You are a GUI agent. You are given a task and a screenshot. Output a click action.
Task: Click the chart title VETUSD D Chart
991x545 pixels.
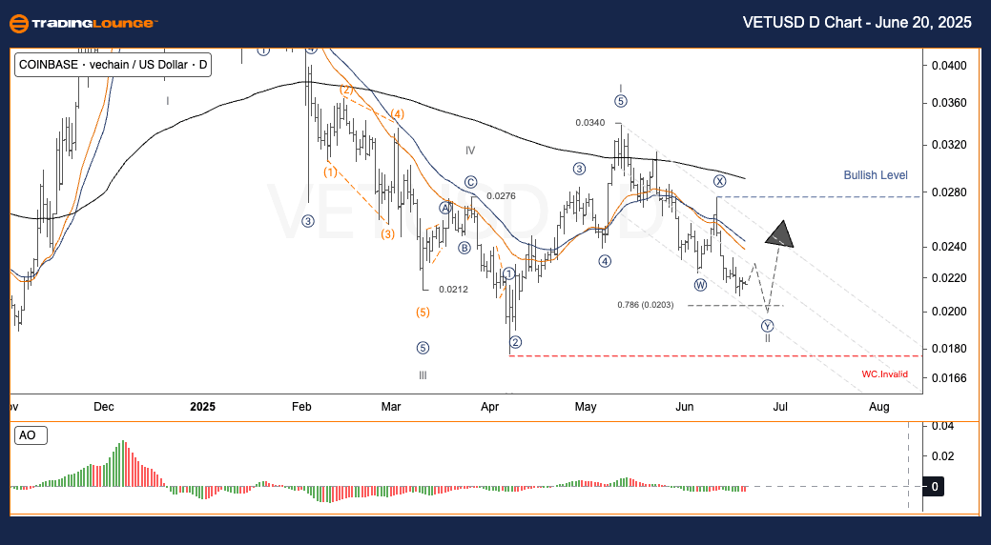point(857,24)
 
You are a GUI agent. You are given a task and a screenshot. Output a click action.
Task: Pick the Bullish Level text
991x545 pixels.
point(876,175)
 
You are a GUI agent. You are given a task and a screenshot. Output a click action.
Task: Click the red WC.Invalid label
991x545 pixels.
point(885,374)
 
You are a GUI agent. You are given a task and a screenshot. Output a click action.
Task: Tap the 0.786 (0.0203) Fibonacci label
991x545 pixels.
point(646,305)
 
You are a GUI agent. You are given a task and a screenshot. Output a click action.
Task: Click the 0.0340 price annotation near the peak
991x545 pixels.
point(589,122)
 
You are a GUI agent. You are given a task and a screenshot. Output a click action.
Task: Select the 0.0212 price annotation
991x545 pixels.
point(453,290)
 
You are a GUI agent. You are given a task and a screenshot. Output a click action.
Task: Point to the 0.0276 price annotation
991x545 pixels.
point(501,195)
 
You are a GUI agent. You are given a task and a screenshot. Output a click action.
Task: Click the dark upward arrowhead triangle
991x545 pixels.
point(781,232)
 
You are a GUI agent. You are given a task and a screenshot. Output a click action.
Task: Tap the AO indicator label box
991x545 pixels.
point(28,435)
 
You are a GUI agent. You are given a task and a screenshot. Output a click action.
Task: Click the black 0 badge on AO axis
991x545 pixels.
point(936,487)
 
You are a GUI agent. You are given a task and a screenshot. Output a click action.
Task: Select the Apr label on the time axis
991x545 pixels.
point(490,407)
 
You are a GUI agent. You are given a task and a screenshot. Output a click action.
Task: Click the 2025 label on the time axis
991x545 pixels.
point(202,407)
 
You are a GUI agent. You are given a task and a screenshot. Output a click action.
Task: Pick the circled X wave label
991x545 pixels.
point(719,181)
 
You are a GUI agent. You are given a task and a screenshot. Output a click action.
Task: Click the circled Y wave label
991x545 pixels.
point(767,326)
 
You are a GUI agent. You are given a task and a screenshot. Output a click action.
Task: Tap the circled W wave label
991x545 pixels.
point(700,285)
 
